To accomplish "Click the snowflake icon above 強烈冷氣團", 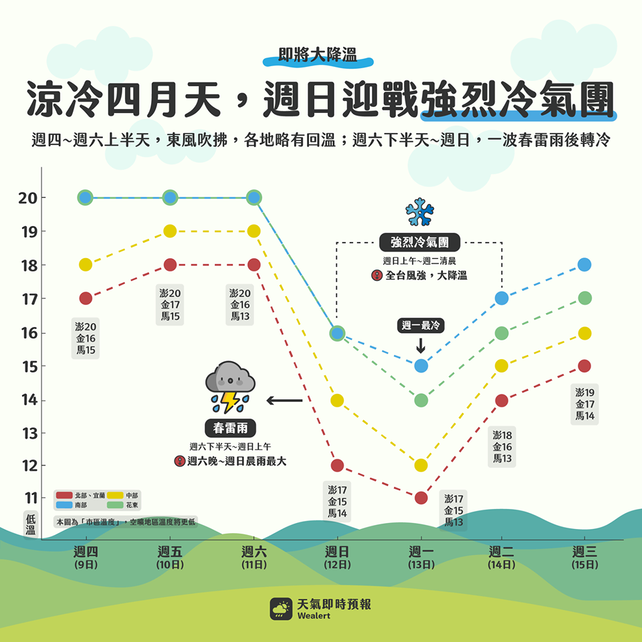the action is pos(420,212).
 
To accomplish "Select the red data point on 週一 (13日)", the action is pos(421,498).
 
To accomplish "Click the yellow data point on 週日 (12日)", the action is pos(337,401).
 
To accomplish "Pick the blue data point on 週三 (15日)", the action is pos(584,265).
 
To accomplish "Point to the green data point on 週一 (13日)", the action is pos(421,401).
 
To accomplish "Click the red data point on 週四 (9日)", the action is pos(86,298).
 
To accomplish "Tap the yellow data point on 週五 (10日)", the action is pos(170,231).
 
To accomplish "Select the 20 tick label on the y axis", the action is pos(28,198).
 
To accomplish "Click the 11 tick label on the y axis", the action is pos(31,498).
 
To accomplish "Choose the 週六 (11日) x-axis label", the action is pos(254,557).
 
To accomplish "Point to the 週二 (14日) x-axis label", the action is pos(501,557).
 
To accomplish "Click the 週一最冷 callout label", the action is pos(421,326).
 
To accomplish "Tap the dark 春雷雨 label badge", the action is pos(230,428).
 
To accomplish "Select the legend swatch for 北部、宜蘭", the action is pos(64,496).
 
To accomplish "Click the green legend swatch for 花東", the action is pos(115,506).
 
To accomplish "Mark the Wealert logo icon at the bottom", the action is pos(281,609).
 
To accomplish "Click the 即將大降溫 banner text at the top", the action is pos(318,55).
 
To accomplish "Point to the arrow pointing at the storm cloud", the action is pos(285,401).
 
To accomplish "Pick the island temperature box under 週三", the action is pos(584,404).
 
